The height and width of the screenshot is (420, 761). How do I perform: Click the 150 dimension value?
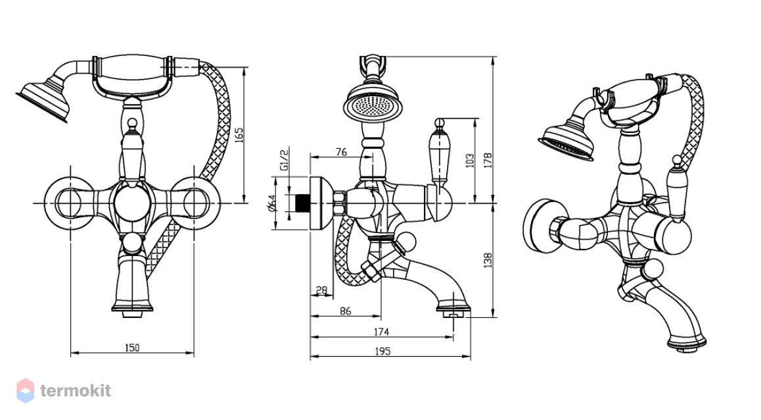132,348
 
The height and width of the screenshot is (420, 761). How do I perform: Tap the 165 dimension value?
239,135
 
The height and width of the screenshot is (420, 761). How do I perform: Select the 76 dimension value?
341,152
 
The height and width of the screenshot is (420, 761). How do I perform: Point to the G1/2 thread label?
285,159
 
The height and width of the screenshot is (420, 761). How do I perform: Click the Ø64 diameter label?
271,203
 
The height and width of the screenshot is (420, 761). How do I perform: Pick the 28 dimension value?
321,291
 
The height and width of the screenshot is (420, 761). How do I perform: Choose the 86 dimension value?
346,311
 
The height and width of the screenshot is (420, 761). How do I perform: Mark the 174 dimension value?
381,332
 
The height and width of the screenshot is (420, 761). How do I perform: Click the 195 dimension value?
382,352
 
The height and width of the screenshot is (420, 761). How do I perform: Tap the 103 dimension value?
470,161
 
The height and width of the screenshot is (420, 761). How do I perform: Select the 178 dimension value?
488,160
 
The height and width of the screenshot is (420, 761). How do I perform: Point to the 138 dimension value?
488,260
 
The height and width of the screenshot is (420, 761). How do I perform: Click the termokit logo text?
76,391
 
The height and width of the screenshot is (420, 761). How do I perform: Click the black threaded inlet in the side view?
303,203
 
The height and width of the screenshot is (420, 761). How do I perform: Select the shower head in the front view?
43,99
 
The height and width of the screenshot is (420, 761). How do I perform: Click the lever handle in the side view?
439,155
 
